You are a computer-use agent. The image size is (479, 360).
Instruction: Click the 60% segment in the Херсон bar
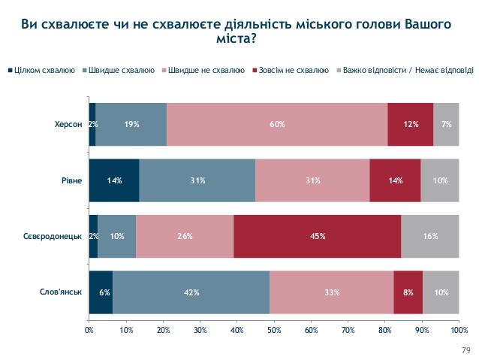tap(277, 124)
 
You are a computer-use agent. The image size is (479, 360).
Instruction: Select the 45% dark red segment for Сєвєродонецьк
tap(317, 236)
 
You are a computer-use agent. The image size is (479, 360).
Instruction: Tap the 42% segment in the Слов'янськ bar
tap(191, 292)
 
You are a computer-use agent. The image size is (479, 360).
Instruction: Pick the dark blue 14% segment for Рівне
tap(114, 180)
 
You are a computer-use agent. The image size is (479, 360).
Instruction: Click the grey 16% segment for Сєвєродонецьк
tap(429, 236)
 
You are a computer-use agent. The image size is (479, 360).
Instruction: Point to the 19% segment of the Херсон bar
tap(131, 124)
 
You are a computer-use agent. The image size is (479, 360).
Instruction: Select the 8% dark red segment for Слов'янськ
tap(408, 292)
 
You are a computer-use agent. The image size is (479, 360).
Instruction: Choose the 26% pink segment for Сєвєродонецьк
tap(185, 236)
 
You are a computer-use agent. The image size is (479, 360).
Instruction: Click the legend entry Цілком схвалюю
tap(44, 71)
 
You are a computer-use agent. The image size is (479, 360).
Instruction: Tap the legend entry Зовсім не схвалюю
tap(292, 71)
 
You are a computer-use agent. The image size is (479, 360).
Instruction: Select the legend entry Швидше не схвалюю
tap(206, 71)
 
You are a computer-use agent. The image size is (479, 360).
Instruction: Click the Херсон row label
tap(68, 124)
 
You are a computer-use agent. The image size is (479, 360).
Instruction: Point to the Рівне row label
tap(72, 180)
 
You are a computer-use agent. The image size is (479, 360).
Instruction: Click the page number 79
tap(463, 350)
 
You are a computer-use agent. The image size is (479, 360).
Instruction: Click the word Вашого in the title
tap(423, 24)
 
